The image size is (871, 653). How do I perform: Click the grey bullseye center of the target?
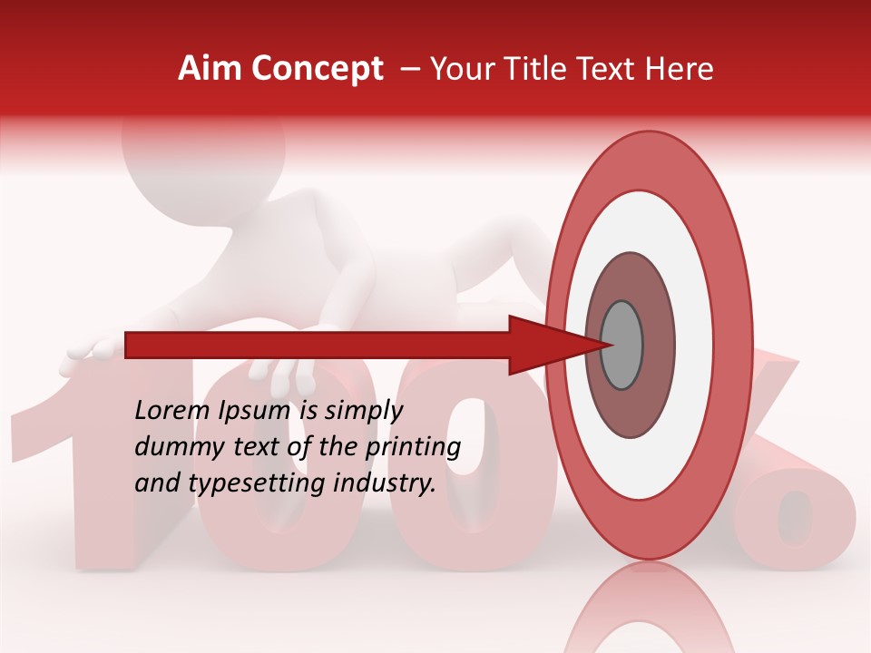point(622,345)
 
